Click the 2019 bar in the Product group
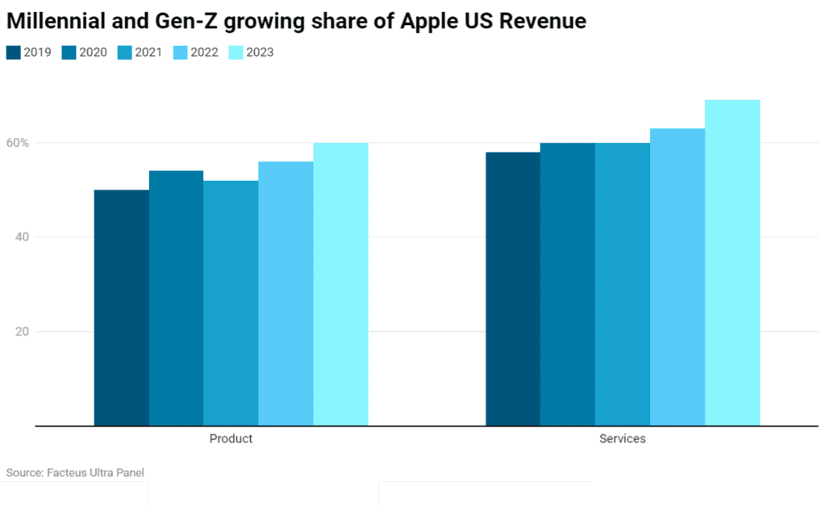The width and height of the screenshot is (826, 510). (x=121, y=307)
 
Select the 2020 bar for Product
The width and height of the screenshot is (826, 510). (x=176, y=298)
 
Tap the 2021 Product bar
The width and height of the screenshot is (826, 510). (x=231, y=303)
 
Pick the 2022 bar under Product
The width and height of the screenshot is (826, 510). (x=286, y=293)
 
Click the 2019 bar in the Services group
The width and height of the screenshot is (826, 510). (x=512, y=288)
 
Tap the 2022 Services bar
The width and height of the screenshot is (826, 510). (x=677, y=277)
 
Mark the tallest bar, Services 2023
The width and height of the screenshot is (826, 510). (x=732, y=262)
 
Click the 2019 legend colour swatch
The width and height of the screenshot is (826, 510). (x=14, y=52)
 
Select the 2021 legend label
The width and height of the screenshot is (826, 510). (x=148, y=52)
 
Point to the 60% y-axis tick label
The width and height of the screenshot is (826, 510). (x=19, y=143)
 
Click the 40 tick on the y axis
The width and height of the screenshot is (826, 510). (x=22, y=237)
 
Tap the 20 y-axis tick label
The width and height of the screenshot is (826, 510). (x=22, y=332)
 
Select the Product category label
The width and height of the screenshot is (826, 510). (x=231, y=439)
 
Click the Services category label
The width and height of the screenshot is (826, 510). (x=622, y=439)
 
